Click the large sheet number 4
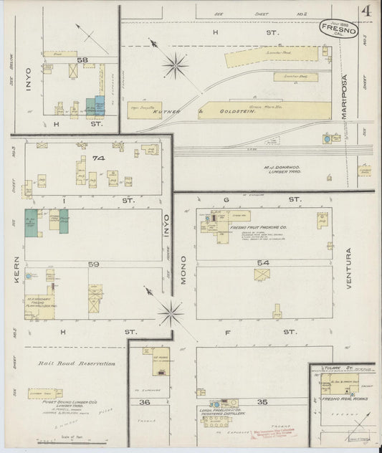coord(366,12)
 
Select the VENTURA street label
coord(349,267)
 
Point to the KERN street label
coord(15,267)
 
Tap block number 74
coord(97,158)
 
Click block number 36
coord(144,401)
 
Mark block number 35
coord(262,401)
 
